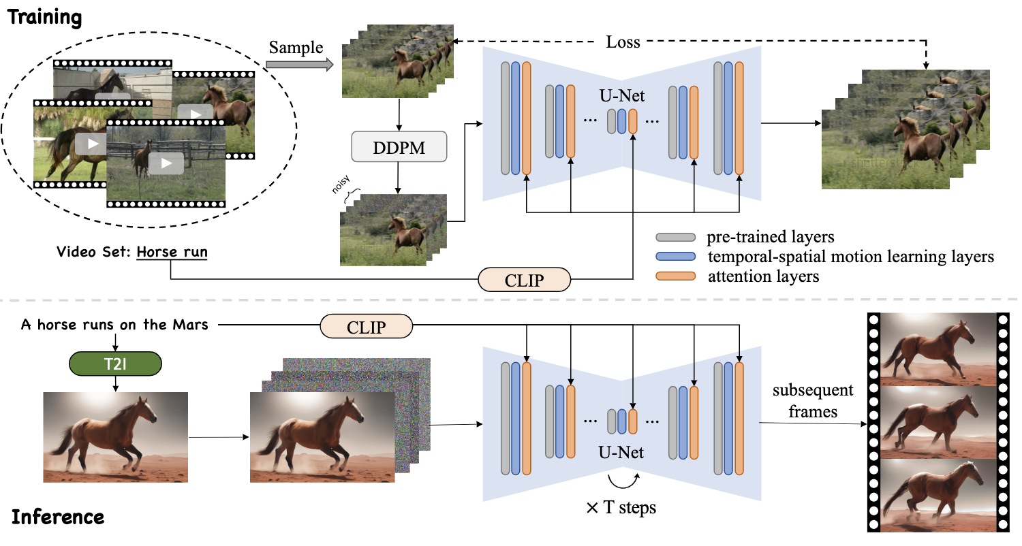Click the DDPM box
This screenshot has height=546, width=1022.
click(399, 148)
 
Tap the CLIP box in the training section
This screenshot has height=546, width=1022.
click(524, 279)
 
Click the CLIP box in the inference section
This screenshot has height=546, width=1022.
click(367, 327)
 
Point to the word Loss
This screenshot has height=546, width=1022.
click(623, 42)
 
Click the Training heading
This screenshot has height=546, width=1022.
click(45, 16)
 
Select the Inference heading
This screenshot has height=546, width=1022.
click(58, 517)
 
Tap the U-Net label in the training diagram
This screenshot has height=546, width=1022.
click(623, 97)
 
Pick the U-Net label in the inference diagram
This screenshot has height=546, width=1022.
click(621, 451)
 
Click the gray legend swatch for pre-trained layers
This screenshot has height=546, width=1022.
click(675, 238)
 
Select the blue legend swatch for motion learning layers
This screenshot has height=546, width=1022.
click(675, 257)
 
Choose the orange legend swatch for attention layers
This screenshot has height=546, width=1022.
click(675, 276)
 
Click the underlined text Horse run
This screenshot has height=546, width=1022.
click(172, 253)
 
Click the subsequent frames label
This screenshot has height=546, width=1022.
click(812, 401)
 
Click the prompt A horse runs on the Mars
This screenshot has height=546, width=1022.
click(114, 325)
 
